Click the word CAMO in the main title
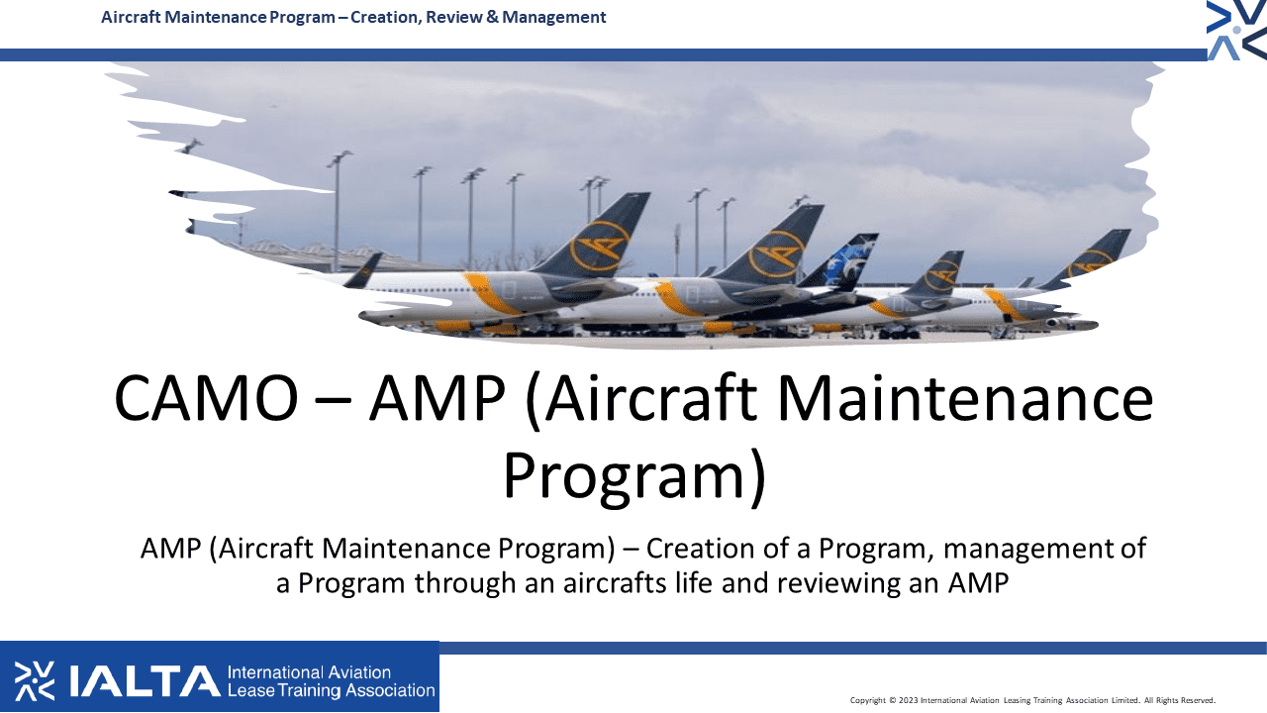point(206,398)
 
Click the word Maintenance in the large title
point(965,398)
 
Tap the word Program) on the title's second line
point(634,475)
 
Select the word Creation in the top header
point(385,17)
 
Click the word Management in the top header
point(553,17)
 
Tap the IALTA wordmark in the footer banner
point(145,680)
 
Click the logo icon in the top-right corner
point(1236,30)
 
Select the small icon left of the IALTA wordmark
point(35,680)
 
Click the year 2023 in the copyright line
point(908,700)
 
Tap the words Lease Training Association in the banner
point(331,690)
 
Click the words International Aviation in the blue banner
point(309,672)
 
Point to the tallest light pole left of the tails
point(338,211)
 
